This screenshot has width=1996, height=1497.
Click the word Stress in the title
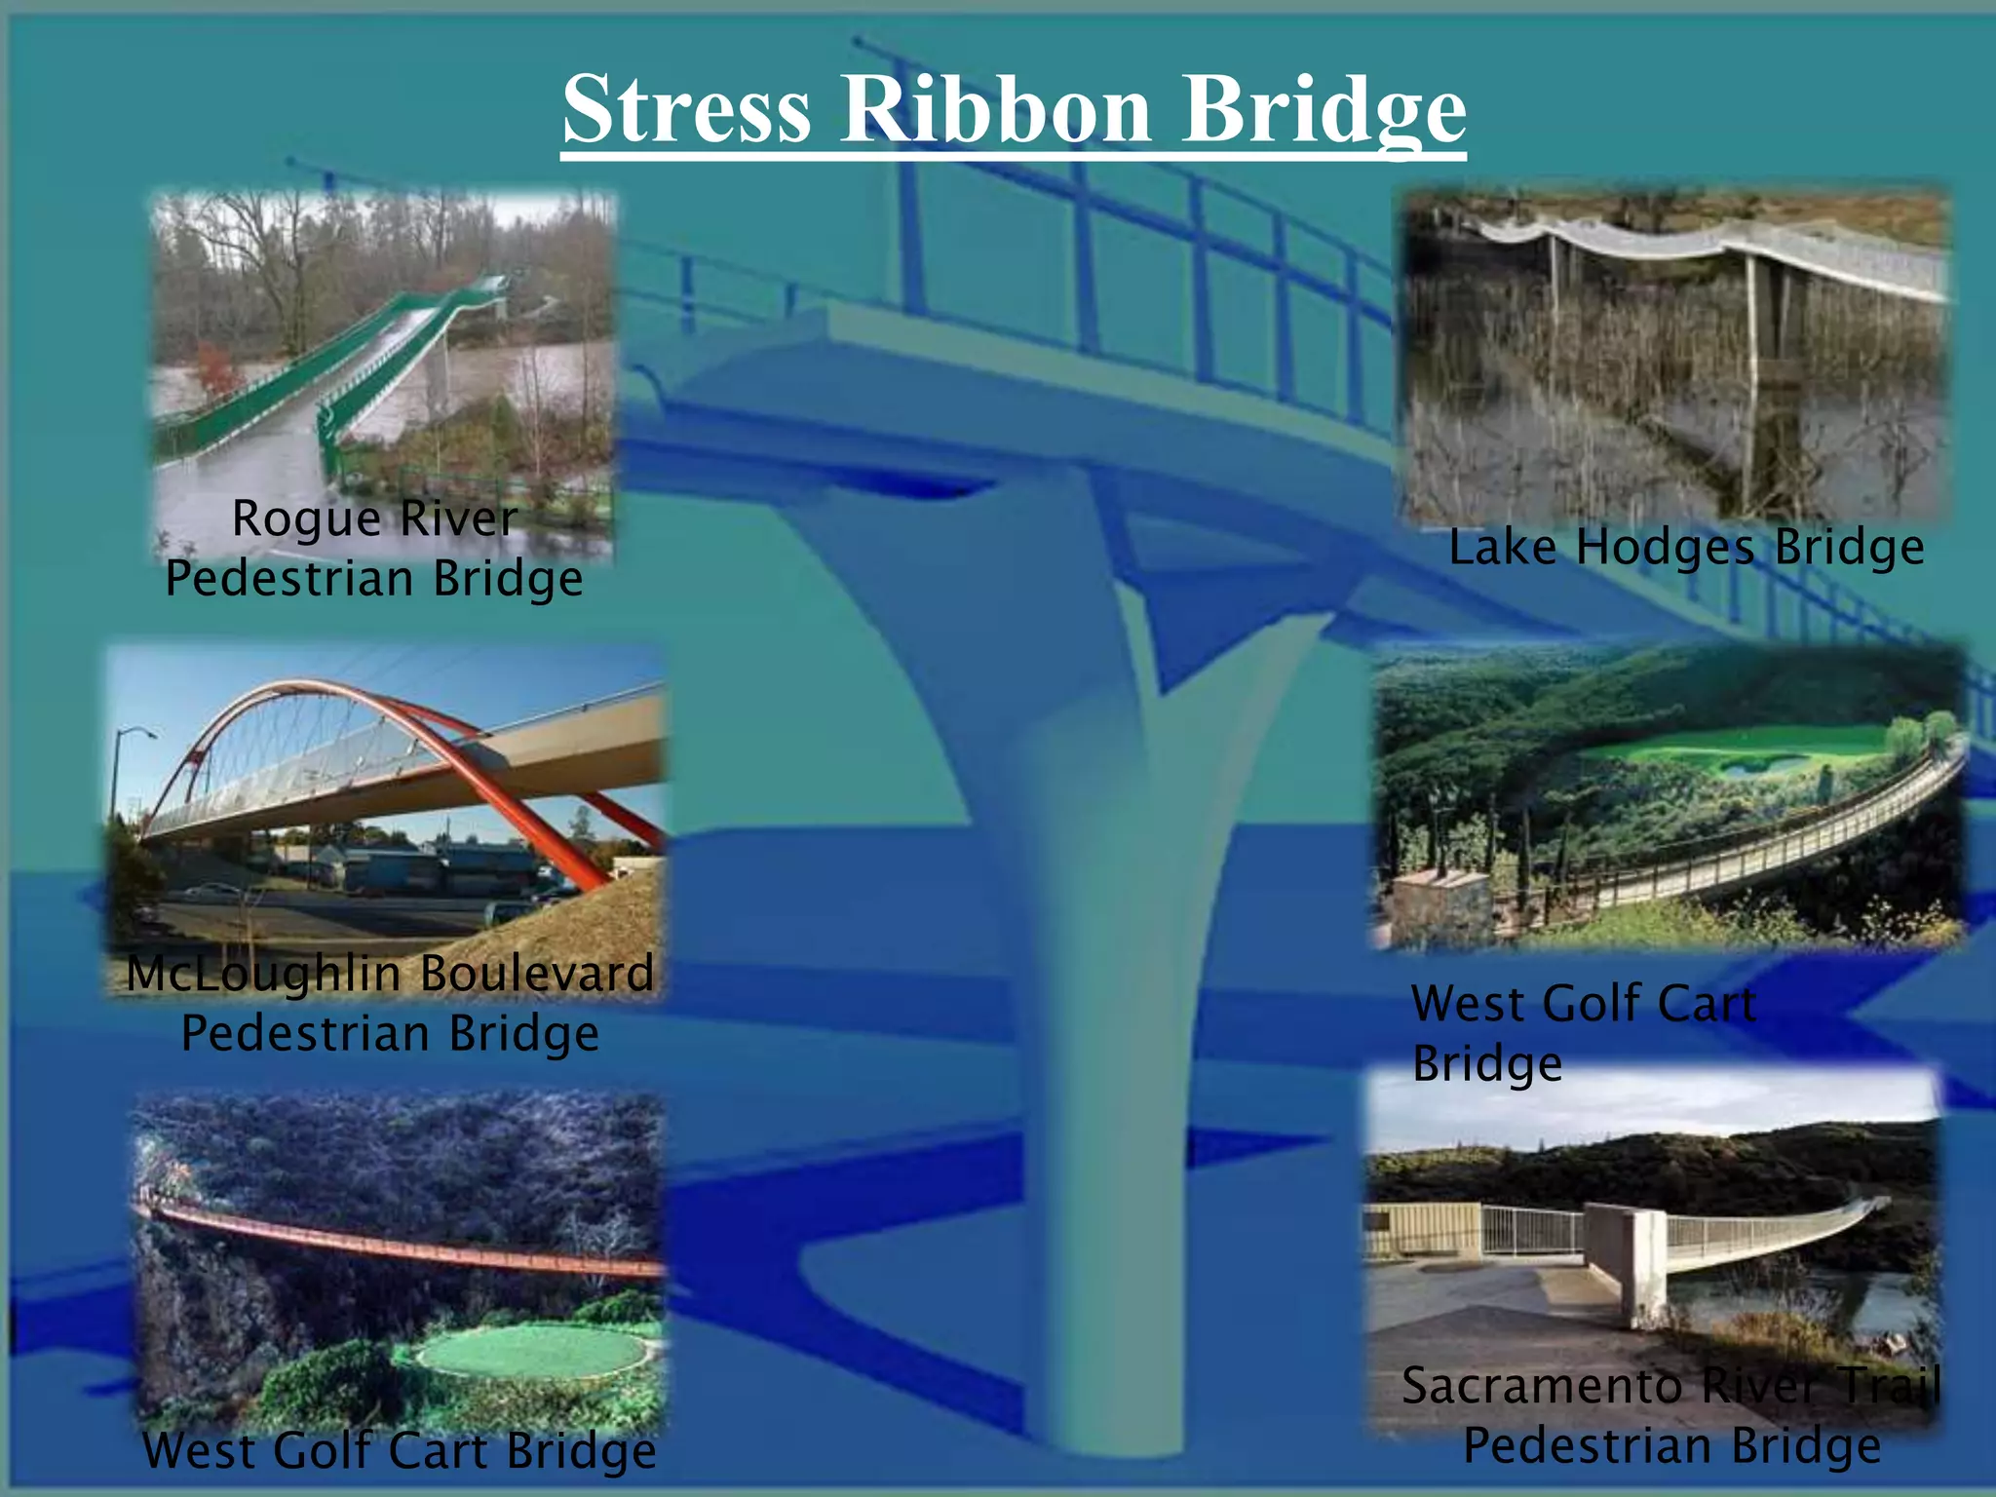pyautogui.click(x=687, y=109)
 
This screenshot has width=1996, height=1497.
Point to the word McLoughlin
pyautogui.click(x=264, y=974)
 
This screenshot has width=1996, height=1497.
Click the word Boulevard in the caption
pyautogui.click(x=537, y=974)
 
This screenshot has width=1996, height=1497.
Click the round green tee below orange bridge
pyautogui.click(x=532, y=1354)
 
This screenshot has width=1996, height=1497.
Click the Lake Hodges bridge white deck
pyautogui.click(x=1657, y=244)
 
